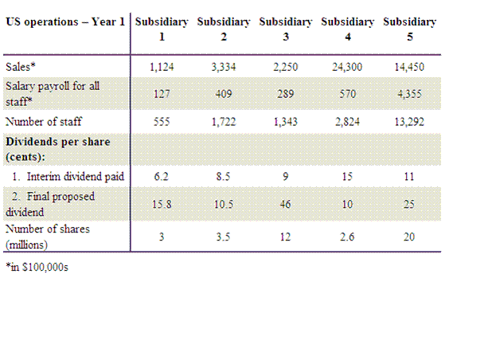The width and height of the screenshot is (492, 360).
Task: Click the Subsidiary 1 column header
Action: [x=162, y=29]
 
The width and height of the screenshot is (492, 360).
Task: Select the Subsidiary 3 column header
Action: [x=286, y=29]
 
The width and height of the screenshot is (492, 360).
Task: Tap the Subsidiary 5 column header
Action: [x=409, y=29]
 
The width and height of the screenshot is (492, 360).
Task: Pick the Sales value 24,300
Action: [x=347, y=67]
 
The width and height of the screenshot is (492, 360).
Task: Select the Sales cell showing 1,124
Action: [x=162, y=67]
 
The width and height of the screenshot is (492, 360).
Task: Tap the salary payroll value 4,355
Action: [x=409, y=94]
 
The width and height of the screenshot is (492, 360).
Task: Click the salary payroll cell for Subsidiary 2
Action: [x=224, y=94]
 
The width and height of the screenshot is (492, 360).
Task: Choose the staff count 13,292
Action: [x=409, y=122]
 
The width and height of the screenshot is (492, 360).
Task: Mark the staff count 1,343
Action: [x=286, y=122]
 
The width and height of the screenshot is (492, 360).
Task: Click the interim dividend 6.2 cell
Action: [x=162, y=177]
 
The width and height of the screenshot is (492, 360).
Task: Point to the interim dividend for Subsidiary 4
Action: [x=347, y=177]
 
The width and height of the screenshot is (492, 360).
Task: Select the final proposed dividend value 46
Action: [x=286, y=205]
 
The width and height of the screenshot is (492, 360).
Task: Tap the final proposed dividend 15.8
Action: [x=162, y=205]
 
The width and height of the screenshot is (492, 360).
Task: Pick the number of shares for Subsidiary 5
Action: [x=409, y=237]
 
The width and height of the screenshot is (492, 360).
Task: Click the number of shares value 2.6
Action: [x=347, y=237]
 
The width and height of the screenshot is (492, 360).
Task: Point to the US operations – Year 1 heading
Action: [x=64, y=22]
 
